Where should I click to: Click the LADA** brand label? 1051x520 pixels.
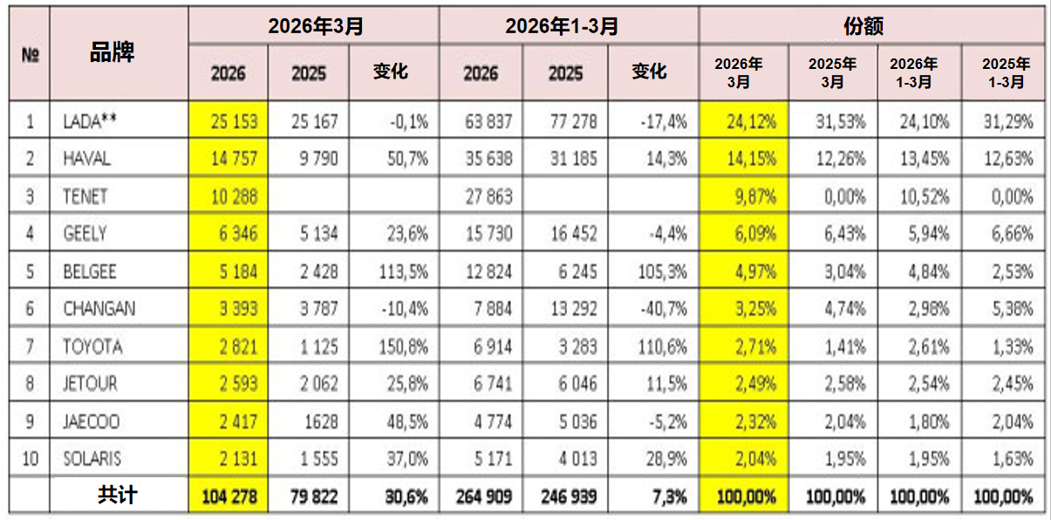[x=90, y=121]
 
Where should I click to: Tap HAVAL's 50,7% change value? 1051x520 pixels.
[x=407, y=159]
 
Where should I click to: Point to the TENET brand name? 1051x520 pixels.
[x=85, y=196]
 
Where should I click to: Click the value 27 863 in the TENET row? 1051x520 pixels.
[x=489, y=196]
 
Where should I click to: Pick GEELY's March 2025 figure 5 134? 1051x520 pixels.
[x=319, y=233]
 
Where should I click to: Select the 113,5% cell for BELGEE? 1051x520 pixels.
[x=404, y=271]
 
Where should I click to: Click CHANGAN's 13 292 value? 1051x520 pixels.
[x=574, y=308]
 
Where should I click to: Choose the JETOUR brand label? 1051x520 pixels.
[x=90, y=383]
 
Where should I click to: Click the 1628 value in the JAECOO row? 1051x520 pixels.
[x=321, y=421]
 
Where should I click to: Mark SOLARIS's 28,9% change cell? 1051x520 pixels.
[x=666, y=459]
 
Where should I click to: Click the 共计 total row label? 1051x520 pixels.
[x=117, y=495]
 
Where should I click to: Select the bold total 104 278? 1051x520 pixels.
[x=229, y=496]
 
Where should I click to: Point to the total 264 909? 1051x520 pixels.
[x=484, y=496]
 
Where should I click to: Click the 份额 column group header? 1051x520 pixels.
[x=863, y=26]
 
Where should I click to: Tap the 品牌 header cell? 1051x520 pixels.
[x=113, y=52]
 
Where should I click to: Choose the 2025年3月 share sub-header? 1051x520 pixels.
[x=832, y=72]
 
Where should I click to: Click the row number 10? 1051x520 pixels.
[x=30, y=459]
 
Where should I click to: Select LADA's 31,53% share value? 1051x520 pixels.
[x=840, y=121]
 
